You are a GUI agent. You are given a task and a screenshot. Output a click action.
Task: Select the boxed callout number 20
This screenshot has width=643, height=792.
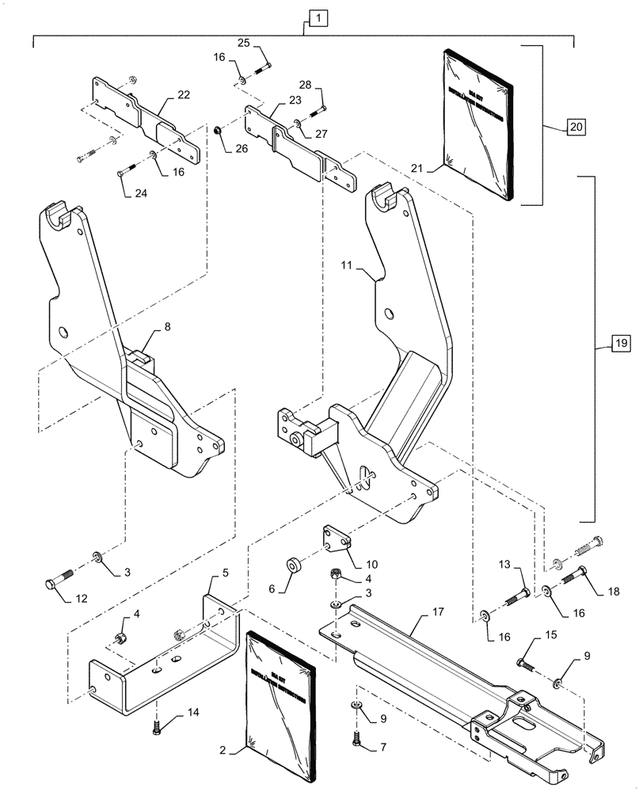tap(576, 126)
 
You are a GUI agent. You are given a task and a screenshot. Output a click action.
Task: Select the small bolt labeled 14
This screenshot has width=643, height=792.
tap(155, 722)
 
